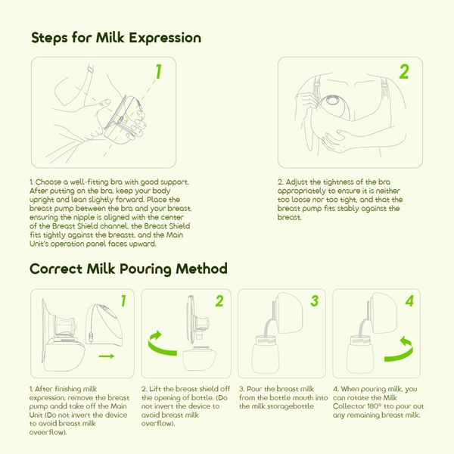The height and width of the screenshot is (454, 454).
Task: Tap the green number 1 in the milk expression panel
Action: tap(159, 72)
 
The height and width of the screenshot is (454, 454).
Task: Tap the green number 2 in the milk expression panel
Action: tap(404, 72)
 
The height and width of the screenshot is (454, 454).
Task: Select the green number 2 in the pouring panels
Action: tap(219, 301)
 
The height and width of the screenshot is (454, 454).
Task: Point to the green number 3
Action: tap(315, 301)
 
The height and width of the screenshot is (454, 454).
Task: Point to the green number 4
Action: tap(410, 301)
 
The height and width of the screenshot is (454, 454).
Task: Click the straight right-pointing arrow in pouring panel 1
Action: tap(107, 354)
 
